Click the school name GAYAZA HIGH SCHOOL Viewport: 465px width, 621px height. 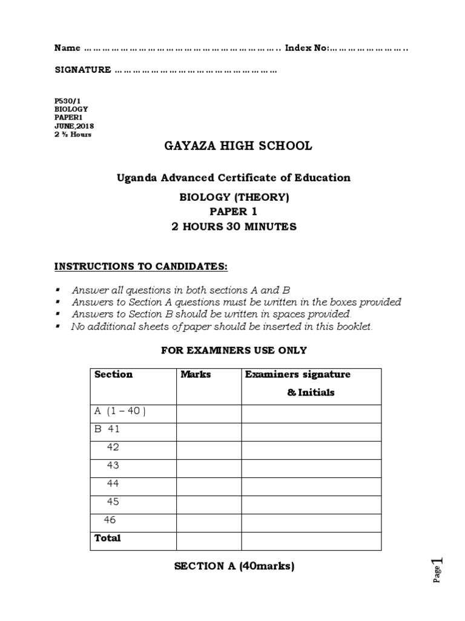(238, 146)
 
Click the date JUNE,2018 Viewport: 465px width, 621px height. (74, 126)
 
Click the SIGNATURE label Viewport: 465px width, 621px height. (83, 70)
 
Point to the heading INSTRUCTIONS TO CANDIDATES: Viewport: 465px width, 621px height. (141, 267)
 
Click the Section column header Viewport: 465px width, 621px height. (113, 375)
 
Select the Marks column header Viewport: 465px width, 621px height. (196, 375)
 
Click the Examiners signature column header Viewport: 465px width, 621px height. (298, 375)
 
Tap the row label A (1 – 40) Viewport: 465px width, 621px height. (120, 411)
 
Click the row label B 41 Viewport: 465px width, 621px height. (107, 429)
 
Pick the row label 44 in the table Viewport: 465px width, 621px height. (113, 484)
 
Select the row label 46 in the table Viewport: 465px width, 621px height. (110, 520)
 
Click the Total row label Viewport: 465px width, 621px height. (108, 539)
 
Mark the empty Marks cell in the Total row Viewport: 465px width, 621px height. (208, 540)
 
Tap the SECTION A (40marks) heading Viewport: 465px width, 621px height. (234, 567)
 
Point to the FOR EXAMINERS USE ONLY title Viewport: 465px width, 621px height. (234, 351)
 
